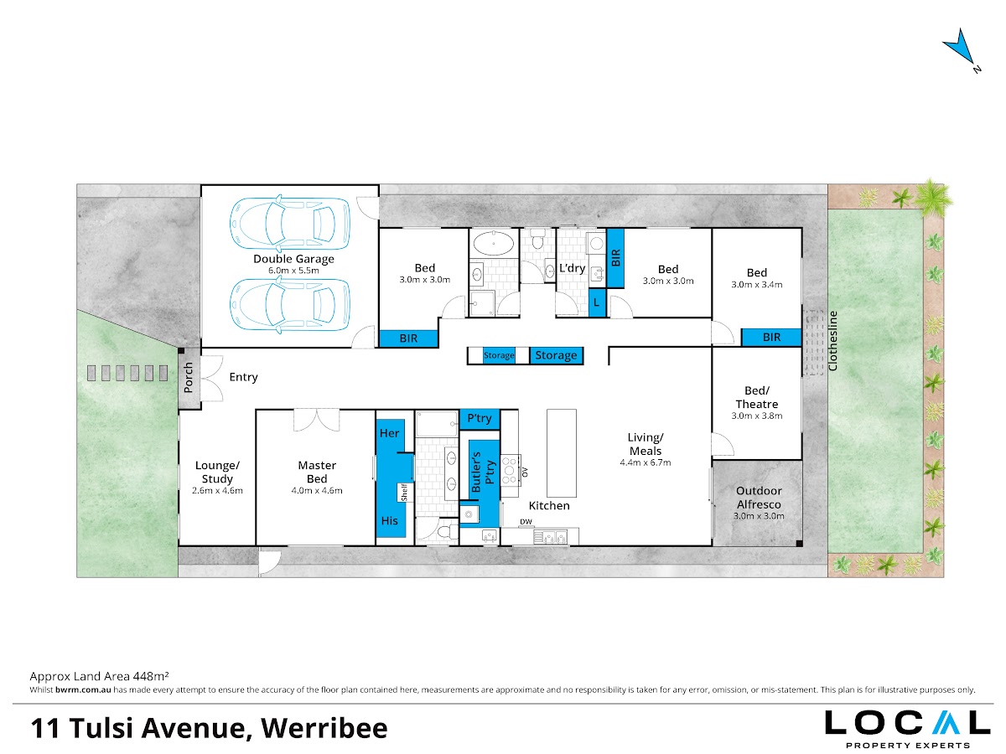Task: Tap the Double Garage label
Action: [x=293, y=259]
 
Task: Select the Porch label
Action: [x=189, y=378]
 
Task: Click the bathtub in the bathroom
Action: [x=493, y=243]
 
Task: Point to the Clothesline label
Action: [x=832, y=341]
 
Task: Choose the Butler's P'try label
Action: [x=483, y=472]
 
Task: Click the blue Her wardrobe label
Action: [x=389, y=433]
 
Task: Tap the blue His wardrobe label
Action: [x=390, y=520]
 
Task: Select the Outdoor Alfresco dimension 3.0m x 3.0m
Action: [x=759, y=516]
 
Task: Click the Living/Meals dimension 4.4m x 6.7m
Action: [x=646, y=462]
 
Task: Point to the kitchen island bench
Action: [x=562, y=453]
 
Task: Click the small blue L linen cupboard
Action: [x=597, y=302]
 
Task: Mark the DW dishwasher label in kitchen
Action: [x=526, y=522]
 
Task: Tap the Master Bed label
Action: [x=317, y=472]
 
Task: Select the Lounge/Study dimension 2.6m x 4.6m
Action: [x=217, y=491]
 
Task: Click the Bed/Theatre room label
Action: [x=757, y=397]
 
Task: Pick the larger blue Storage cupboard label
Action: [x=556, y=355]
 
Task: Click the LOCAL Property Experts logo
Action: [x=907, y=729]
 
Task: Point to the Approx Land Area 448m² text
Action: [x=99, y=676]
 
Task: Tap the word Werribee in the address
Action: [x=324, y=728]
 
